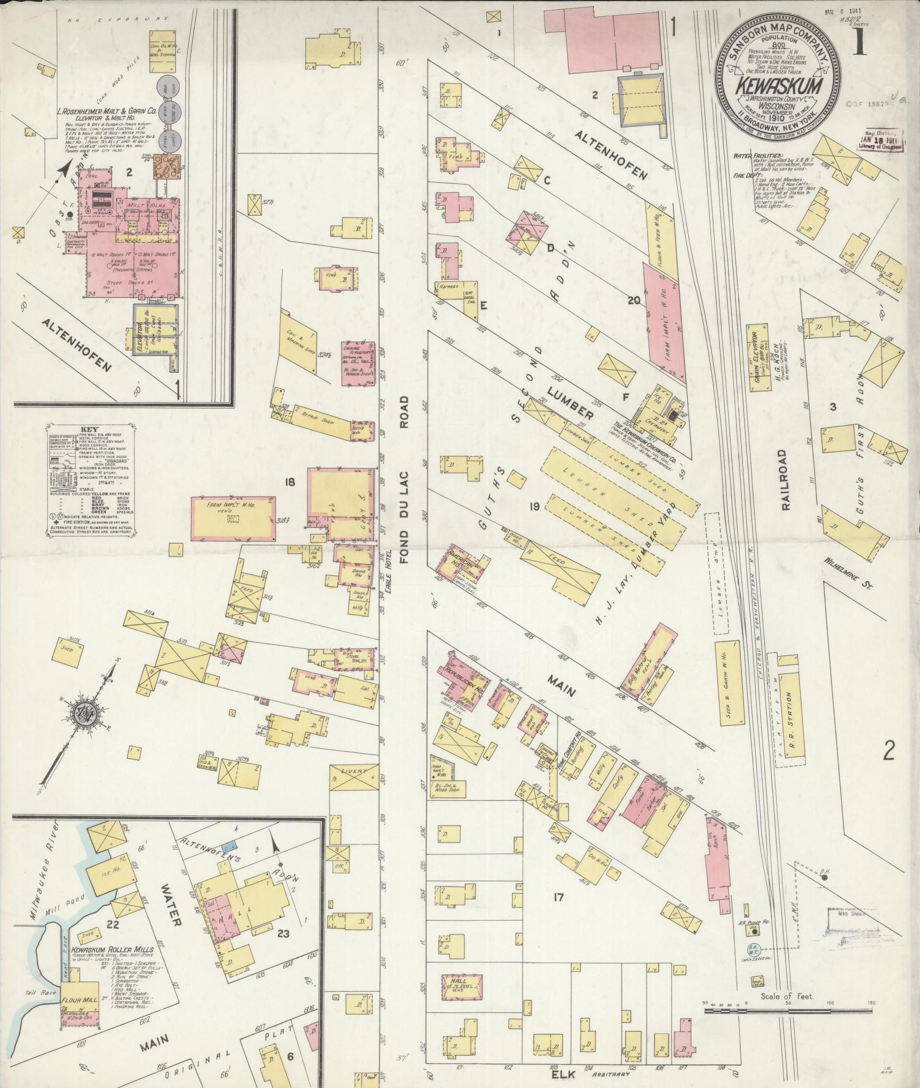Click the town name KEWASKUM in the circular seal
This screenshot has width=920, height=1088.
pos(777,86)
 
